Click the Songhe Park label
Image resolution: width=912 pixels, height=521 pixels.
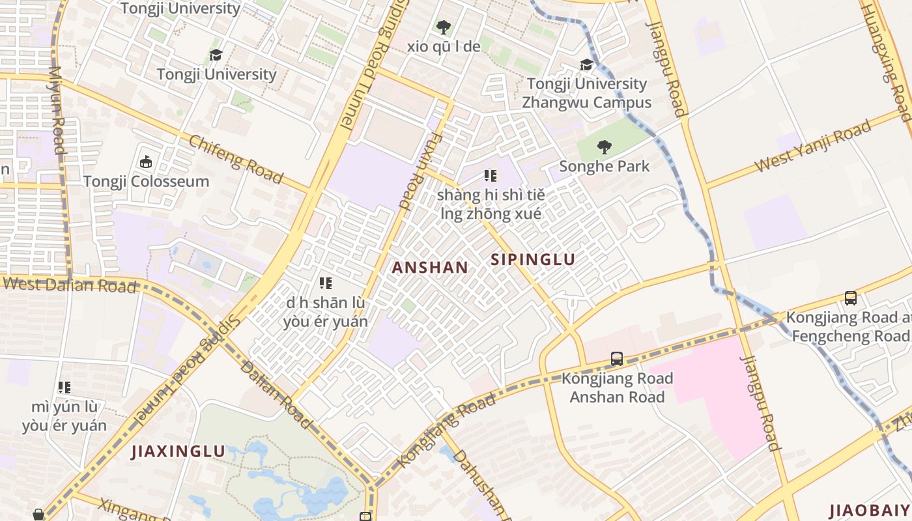605,166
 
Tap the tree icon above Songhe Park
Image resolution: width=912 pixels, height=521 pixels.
605,147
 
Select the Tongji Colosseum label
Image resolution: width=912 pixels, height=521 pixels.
146,181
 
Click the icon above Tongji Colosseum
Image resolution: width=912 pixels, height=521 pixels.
145,162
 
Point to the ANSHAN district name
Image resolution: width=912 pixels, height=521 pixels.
430,267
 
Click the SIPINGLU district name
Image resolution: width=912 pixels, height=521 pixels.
533,260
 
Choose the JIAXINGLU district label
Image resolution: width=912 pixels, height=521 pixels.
178,451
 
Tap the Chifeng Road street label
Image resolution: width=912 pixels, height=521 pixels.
236,159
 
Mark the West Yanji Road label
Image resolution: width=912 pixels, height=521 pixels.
812,147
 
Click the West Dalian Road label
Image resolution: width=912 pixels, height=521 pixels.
70,285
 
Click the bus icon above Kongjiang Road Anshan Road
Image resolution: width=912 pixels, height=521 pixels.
616,359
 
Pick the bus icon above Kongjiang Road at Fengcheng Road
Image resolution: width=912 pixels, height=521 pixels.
850,298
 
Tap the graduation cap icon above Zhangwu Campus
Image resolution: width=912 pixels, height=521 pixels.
587,64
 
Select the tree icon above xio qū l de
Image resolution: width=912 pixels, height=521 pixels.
444,27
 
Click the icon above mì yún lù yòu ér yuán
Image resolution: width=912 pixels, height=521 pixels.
64,387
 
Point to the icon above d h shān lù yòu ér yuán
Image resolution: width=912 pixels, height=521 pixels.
326,283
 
